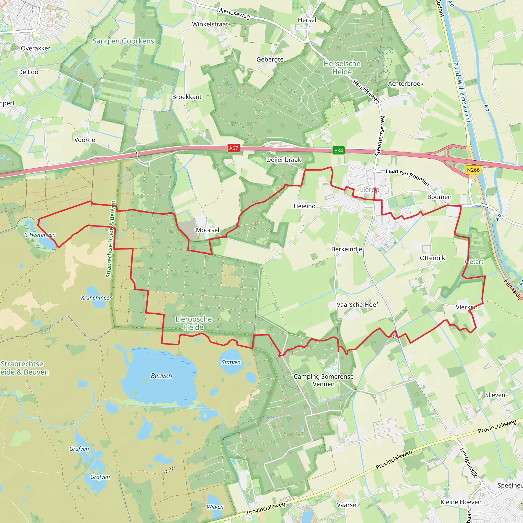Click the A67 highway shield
pos(233,148)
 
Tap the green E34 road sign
pos(338,150)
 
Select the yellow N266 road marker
pos(473,170)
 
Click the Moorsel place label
pos(208,230)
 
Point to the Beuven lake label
pos(161,376)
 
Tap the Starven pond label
pos(231,362)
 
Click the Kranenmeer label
pos(96,298)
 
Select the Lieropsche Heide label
pos(194,323)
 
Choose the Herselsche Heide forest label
pos(342,68)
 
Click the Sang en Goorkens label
pos(123,41)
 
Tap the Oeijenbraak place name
pos(284,160)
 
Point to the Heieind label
pos(305,206)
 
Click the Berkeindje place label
pos(347,249)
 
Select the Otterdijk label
pos(432,258)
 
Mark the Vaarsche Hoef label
pos(357,305)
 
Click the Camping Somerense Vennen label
pos(324,380)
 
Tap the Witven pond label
pos(215,507)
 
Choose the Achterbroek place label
pos(406,84)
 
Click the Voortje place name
pos(85,140)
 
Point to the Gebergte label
pos(270,59)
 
